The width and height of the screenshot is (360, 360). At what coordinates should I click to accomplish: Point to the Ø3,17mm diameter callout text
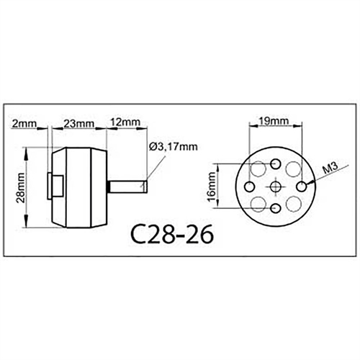point(173,147)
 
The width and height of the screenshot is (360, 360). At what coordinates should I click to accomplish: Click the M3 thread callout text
point(330,169)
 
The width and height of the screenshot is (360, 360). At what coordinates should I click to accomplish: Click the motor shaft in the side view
point(128,186)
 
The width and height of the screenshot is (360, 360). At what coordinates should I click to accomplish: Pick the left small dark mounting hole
point(254,187)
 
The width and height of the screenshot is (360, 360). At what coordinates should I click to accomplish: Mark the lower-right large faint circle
point(294,204)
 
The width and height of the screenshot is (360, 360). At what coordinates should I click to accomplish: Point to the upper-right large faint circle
point(294,171)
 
